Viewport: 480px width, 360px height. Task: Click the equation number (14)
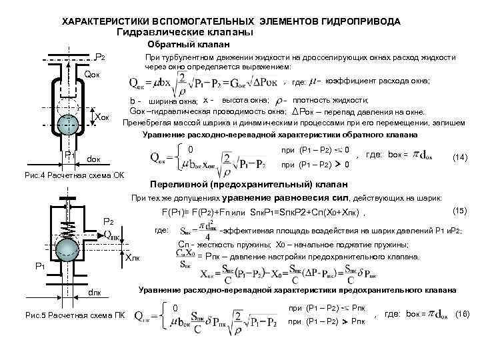[459, 157]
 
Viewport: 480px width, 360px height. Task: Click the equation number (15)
[459, 211]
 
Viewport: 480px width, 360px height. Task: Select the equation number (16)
[463, 313]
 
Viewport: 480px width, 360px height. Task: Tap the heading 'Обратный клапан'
[189, 44]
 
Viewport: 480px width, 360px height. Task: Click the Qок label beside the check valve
[94, 73]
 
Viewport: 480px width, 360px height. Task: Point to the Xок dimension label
[102, 118]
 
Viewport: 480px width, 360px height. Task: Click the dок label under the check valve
[96, 159]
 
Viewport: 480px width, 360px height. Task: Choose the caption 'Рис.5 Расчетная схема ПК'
[64, 315]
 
